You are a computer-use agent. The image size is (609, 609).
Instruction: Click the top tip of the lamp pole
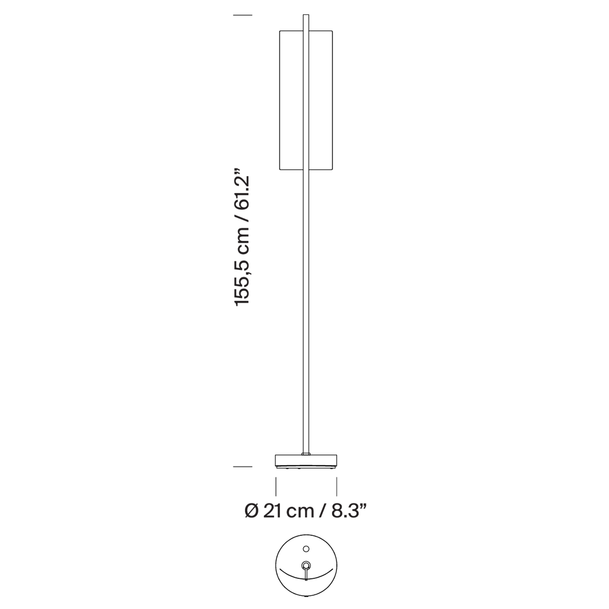pyautogui.click(x=306, y=15)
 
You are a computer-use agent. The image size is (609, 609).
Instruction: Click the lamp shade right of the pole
pyautogui.click(x=321, y=100)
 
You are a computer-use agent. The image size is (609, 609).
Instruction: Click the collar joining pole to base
pyautogui.click(x=306, y=454)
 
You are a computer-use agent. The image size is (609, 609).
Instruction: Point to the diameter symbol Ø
pyautogui.click(x=251, y=511)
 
